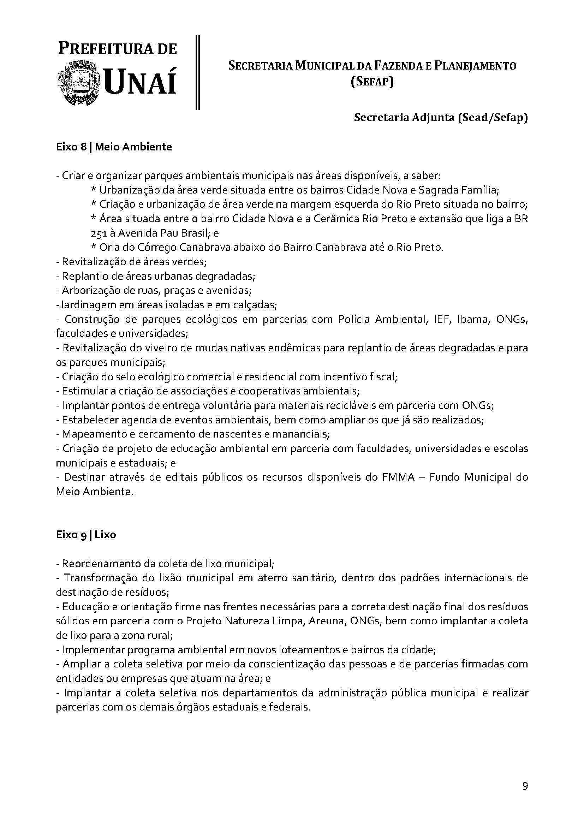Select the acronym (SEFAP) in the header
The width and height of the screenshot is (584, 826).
[x=372, y=82]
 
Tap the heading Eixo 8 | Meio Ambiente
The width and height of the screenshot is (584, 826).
[x=114, y=147]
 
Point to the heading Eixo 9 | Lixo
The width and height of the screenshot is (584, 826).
[x=86, y=535]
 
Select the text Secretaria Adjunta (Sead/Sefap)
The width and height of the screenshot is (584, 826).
[x=441, y=118]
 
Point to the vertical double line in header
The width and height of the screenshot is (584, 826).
[x=197, y=72]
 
